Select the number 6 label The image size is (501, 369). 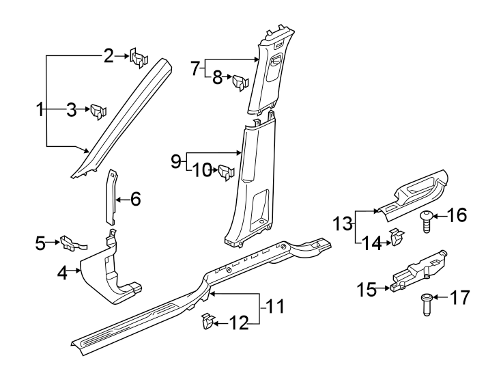tap(135, 199)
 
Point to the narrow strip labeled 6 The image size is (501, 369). tap(111, 198)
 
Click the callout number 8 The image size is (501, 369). tap(217, 78)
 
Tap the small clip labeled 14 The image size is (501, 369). tap(396, 238)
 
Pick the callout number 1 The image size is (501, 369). tap(40, 108)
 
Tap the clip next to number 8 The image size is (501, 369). tap(240, 83)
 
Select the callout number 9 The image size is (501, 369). tap(175, 161)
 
